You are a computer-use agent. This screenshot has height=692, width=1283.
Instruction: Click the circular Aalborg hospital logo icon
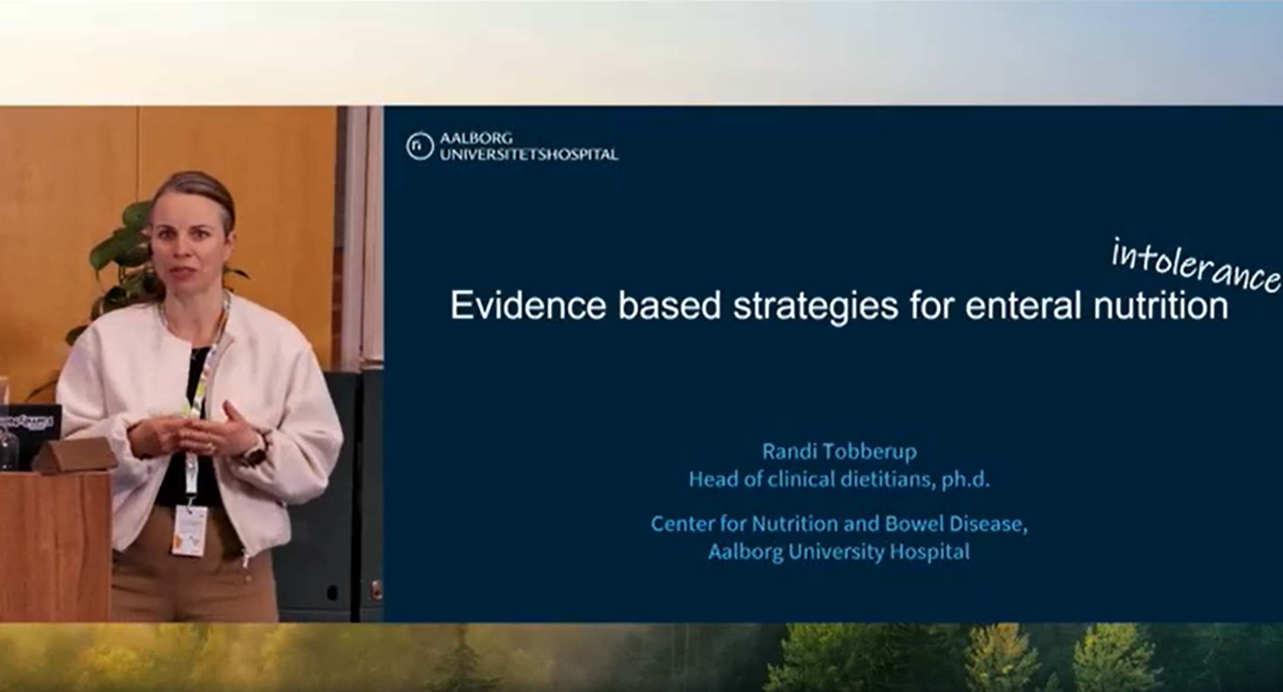[x=419, y=146]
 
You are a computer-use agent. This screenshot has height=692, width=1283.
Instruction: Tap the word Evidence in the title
[x=528, y=306]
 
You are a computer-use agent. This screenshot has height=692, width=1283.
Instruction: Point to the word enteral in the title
[x=1022, y=306]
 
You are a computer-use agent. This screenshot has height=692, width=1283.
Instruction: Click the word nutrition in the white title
[x=1161, y=306]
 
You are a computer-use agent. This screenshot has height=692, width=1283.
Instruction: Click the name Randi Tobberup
[x=839, y=452]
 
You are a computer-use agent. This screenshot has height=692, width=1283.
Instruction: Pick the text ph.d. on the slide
[x=965, y=480]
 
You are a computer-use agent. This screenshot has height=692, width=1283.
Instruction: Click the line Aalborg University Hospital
[x=839, y=552]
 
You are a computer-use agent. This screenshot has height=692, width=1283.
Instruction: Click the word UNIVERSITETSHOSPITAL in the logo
[x=529, y=155]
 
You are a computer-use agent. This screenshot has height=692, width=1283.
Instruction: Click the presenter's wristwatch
[x=260, y=449]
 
